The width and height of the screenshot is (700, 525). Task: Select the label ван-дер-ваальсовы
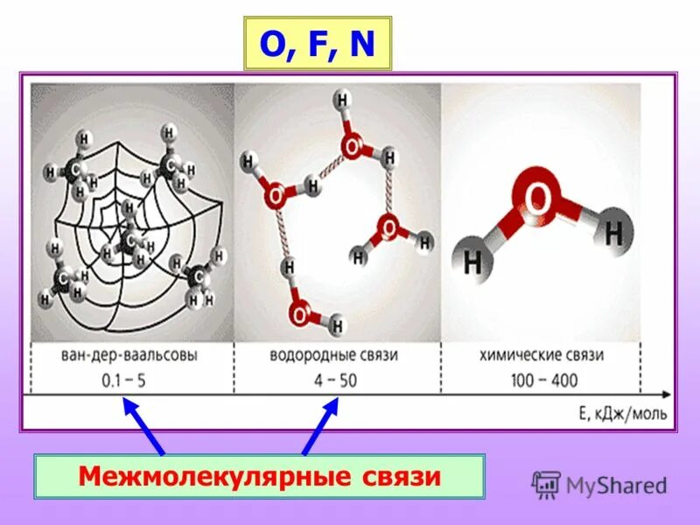132,356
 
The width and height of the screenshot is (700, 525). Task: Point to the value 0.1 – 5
132,381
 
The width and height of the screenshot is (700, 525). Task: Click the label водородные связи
337,356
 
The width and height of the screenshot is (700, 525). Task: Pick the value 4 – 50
337,381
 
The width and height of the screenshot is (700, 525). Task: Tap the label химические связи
541,356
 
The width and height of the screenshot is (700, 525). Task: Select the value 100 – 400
541,381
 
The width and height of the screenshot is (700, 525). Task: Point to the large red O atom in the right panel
537,200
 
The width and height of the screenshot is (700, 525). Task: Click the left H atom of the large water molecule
473,261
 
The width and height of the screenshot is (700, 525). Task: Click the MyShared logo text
616,485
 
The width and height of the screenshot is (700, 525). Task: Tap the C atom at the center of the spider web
131,239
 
